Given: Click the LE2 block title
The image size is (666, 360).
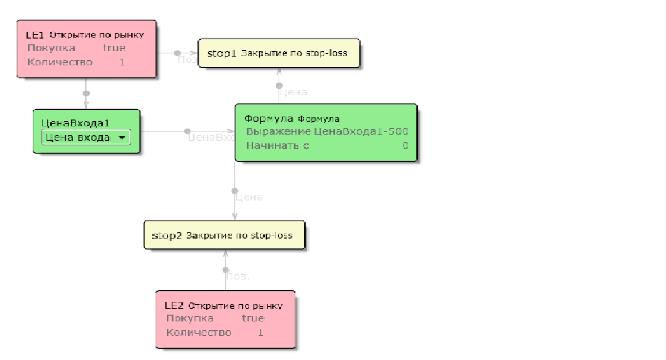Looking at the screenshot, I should click(x=174, y=306).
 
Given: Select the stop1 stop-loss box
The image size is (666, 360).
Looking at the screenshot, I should click(x=278, y=53).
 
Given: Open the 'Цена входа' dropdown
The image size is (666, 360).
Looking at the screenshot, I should click(x=122, y=138).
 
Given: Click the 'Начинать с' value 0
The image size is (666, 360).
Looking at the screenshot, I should click(x=405, y=145).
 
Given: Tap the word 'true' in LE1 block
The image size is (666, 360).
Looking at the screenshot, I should click(x=114, y=48).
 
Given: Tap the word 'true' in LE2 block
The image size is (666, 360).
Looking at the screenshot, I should click(x=253, y=319).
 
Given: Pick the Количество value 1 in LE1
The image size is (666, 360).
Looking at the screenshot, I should click(x=122, y=62).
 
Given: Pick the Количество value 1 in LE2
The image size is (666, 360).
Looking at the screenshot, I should click(x=260, y=333).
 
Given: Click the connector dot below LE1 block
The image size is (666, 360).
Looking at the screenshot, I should click(x=86, y=93).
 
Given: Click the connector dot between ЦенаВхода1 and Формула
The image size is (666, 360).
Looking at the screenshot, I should click(x=188, y=131).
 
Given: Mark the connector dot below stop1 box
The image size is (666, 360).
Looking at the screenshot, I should click(x=279, y=86).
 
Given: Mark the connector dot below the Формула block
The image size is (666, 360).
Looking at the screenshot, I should click(x=235, y=191).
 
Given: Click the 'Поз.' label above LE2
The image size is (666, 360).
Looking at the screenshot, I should click(x=238, y=276).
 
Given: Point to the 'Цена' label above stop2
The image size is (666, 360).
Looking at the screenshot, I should click(x=249, y=198).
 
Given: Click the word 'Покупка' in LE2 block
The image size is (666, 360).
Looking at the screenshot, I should click(x=190, y=319).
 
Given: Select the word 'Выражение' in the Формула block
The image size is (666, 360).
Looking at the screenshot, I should click(x=278, y=132).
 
